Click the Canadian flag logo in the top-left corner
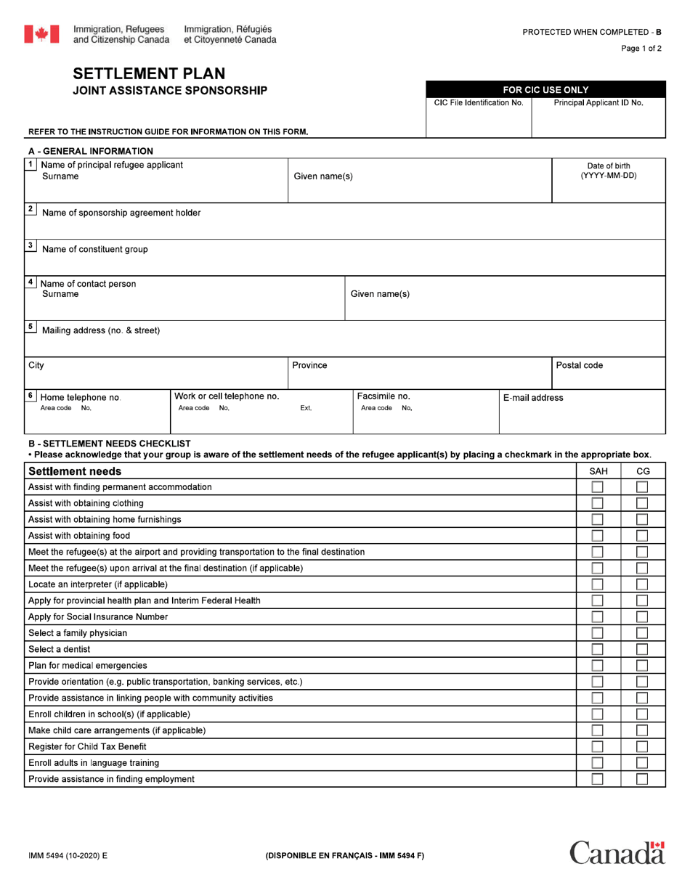(x=41, y=34)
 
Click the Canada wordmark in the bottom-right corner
(x=617, y=852)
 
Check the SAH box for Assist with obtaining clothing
(x=597, y=503)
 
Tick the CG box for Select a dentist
(x=642, y=649)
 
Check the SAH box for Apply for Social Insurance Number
(x=597, y=616)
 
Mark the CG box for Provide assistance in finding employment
(x=642, y=779)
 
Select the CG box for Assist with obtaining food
(x=642, y=536)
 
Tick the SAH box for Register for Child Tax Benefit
(x=597, y=746)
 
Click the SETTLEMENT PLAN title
(x=149, y=73)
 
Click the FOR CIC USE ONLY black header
(x=545, y=89)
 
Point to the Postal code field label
(x=579, y=365)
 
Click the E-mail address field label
(x=532, y=398)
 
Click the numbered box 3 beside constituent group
(x=31, y=245)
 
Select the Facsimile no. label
(x=383, y=396)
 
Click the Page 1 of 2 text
(x=641, y=49)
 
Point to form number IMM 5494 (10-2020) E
(x=68, y=855)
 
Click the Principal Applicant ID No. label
(x=598, y=103)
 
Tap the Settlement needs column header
(x=75, y=471)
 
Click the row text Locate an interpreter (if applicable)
(x=98, y=584)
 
